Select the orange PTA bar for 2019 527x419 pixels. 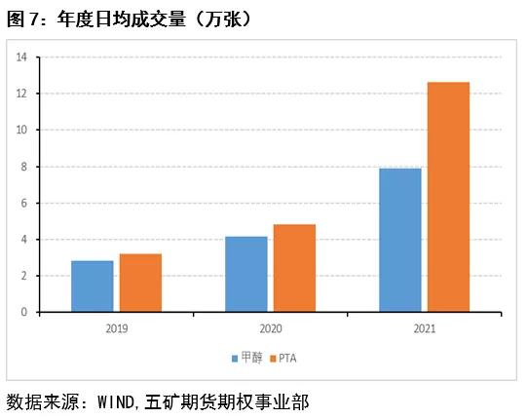pos(140,283)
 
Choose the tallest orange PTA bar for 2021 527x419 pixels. pos(448,197)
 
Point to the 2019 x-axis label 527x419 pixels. pos(116,328)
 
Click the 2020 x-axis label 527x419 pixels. pos(270,328)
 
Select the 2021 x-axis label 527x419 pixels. pos(424,328)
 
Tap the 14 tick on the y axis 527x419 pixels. pos(20,57)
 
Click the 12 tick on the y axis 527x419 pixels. pos(20,94)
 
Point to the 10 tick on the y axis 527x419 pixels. pos(20,130)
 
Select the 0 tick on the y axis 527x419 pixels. pos(22,312)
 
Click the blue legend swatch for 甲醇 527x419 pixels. pos(235,359)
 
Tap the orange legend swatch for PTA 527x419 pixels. pos(273,359)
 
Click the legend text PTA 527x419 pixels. pos(288,359)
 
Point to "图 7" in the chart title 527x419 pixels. pos(21,18)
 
